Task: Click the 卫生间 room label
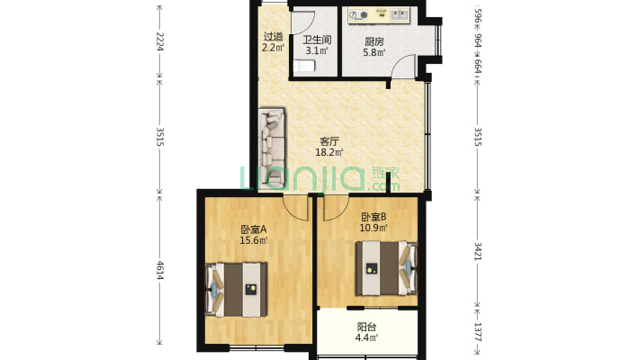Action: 317,40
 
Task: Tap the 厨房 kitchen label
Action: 374,41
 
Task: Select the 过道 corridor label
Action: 273,37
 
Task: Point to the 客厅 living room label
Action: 329,141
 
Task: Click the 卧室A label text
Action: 254,229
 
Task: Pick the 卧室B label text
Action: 373,217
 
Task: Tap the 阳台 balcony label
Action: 367,327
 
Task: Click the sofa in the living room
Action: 272,148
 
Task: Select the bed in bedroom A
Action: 237,290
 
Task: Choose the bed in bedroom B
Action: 386,268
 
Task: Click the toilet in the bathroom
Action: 304,66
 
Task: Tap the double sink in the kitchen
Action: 400,15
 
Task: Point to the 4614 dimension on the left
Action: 160,270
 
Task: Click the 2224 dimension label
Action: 160,41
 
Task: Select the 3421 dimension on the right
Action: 478,251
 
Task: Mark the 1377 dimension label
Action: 478,332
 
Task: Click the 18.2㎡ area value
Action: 329,152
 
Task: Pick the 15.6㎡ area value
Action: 254,240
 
